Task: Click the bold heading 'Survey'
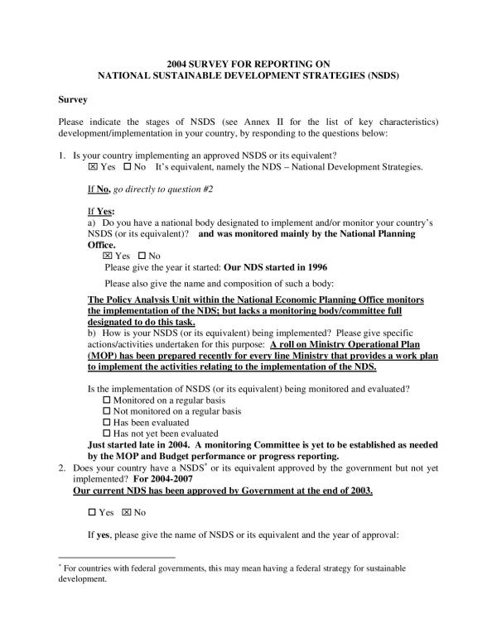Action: [x=72, y=99]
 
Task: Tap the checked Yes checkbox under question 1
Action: [x=93, y=167]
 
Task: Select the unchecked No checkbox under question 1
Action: [x=128, y=167]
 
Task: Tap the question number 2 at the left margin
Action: [x=62, y=467]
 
